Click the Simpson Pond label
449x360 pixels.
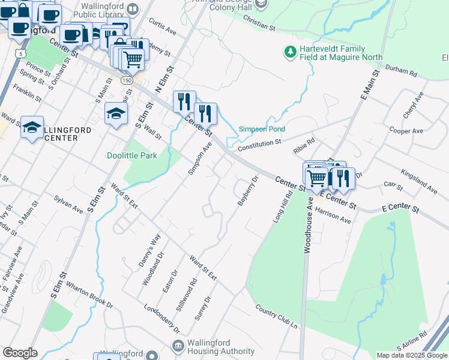[x=262, y=129]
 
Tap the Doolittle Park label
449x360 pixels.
[x=131, y=155]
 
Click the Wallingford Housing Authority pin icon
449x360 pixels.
[x=178, y=346]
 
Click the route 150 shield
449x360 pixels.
[x=126, y=79]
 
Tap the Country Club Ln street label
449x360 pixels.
[x=276, y=316]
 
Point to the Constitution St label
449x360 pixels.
[x=259, y=145]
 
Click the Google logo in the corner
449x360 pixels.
[x=20, y=353]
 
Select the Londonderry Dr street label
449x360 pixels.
[x=161, y=319]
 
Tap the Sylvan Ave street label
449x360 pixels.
[x=68, y=204]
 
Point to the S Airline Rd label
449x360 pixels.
[x=411, y=340]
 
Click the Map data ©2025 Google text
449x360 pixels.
[x=412, y=355]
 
